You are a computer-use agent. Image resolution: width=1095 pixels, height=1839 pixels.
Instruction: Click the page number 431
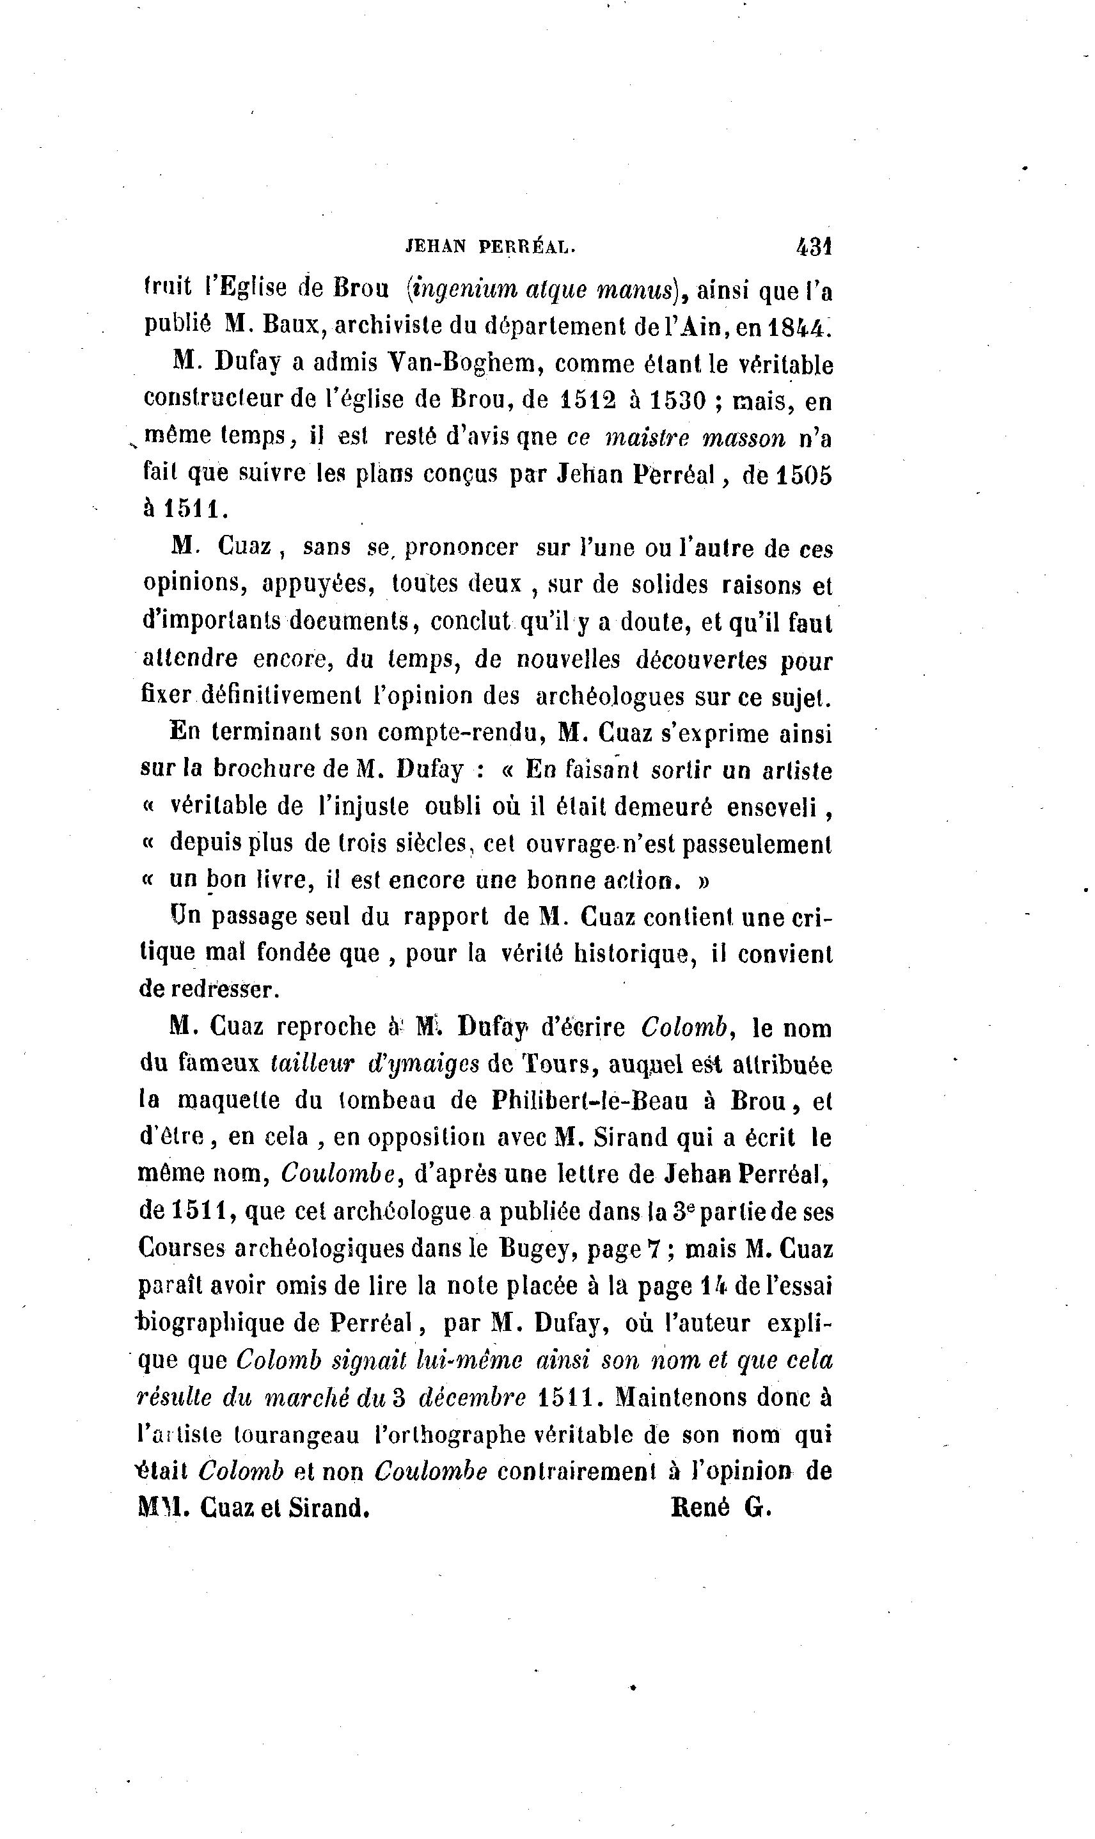[x=814, y=246]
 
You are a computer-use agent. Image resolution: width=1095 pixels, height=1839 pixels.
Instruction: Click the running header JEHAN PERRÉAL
[x=491, y=248]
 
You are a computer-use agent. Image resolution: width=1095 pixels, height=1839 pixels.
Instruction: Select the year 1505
[x=803, y=475]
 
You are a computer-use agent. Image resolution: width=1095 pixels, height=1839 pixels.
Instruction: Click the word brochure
[x=265, y=769]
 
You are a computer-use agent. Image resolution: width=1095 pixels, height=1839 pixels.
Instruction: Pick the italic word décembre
[x=471, y=1397]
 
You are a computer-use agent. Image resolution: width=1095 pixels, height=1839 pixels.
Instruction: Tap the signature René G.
[x=721, y=1507]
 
